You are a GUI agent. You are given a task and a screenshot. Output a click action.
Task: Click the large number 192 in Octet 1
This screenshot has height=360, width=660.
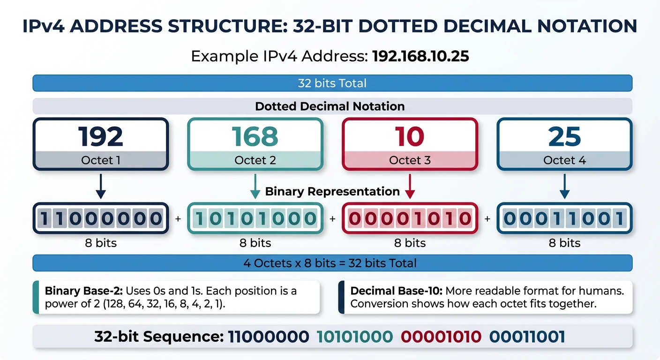[100, 136]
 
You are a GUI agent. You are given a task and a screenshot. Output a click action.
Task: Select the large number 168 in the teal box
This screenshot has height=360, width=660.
[255, 136]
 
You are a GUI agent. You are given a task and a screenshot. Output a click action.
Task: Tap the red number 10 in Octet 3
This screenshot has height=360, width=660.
[410, 136]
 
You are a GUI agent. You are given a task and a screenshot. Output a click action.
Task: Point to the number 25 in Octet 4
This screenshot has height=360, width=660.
[564, 136]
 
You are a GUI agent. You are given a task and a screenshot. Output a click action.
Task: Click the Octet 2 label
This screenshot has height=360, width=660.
[255, 160]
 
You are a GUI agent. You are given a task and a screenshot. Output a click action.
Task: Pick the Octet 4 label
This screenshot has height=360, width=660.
[564, 160]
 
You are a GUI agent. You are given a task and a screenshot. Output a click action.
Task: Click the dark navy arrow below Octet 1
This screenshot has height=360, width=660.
[101, 187]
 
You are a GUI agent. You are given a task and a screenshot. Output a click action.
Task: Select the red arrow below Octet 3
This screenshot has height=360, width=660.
[410, 187]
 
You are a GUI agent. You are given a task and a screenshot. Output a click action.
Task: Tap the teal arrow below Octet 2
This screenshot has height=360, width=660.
[255, 187]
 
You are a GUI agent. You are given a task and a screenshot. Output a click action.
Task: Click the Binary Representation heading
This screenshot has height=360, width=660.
[332, 191]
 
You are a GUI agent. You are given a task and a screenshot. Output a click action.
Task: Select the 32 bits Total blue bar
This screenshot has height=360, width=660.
[332, 83]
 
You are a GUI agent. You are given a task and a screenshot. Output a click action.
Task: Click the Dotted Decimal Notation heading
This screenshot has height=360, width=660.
[330, 106]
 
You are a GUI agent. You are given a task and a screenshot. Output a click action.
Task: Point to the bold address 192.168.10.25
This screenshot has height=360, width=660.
[420, 57]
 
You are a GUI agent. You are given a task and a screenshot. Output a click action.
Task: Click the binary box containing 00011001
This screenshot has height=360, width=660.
[564, 218]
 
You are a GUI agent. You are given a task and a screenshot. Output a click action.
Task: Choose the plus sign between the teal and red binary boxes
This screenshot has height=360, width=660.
[332, 219]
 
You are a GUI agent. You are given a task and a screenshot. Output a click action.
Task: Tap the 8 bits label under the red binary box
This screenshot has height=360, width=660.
[410, 243]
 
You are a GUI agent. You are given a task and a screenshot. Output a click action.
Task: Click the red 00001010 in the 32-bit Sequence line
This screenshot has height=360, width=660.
[441, 337]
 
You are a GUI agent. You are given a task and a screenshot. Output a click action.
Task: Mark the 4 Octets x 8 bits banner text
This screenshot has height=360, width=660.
[330, 263]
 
